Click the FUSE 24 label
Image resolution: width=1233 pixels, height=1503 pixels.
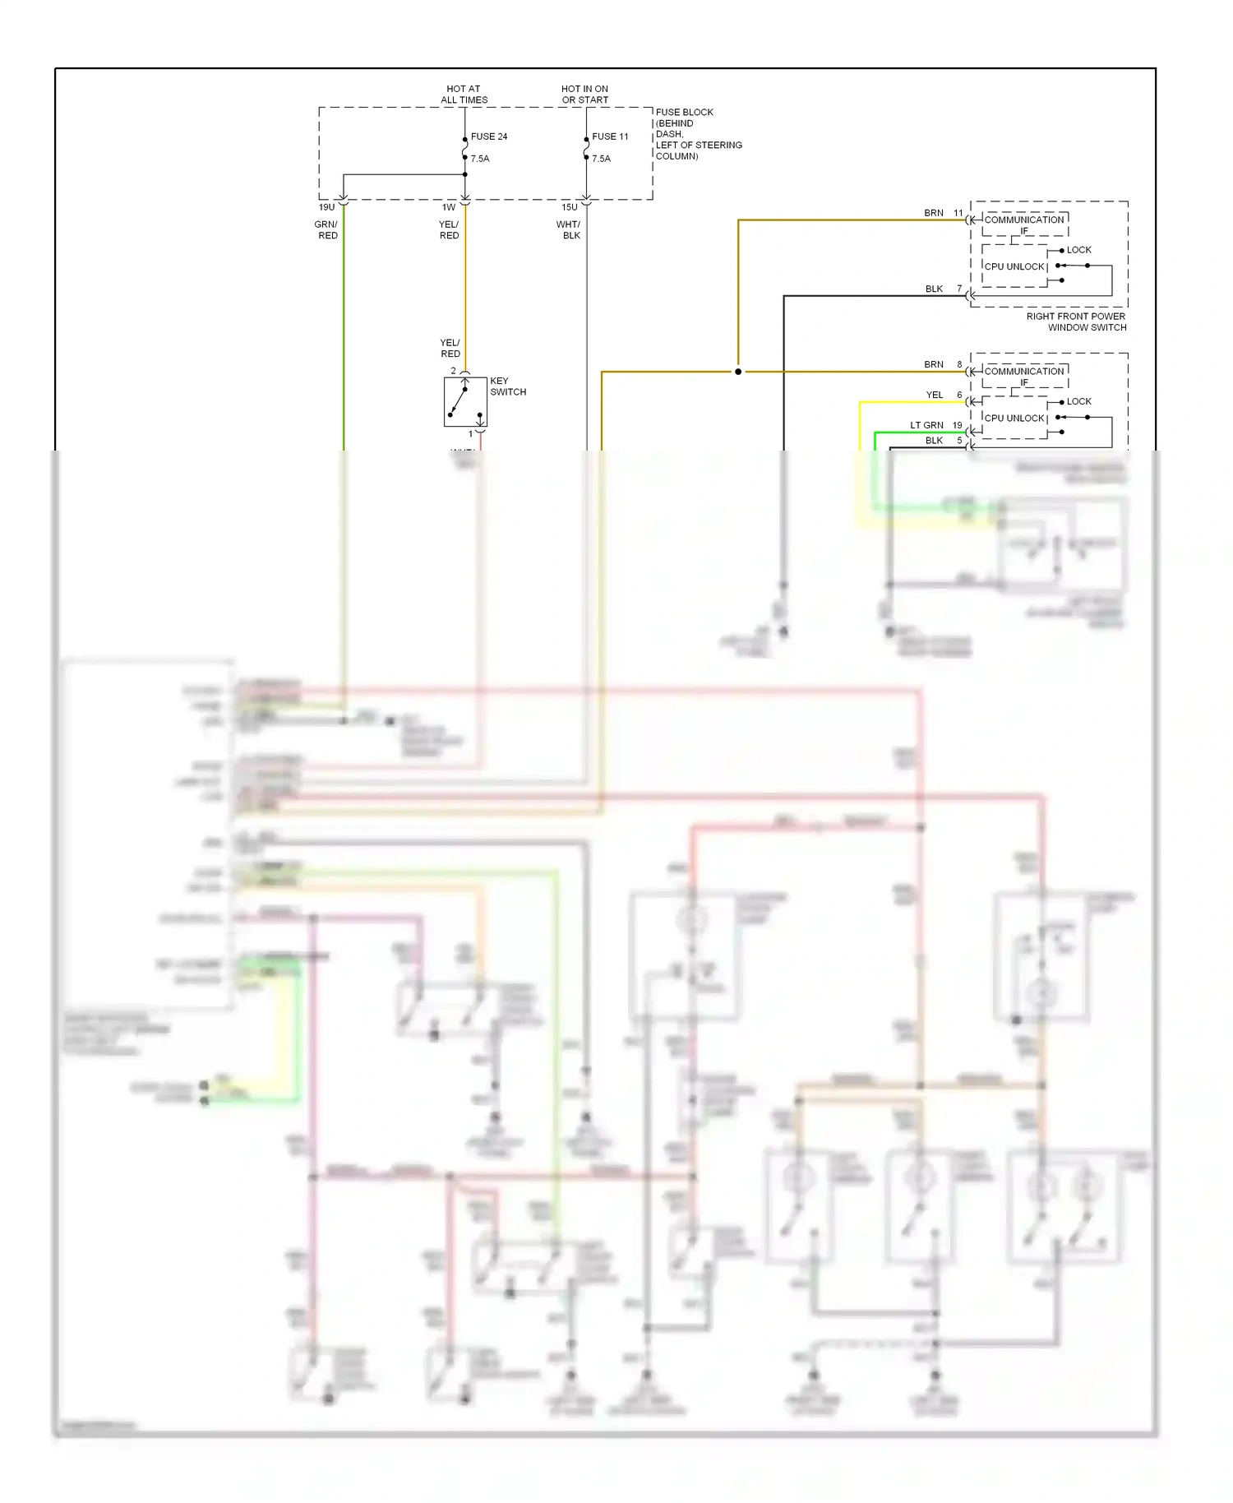(x=488, y=136)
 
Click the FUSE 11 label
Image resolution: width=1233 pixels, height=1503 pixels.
(x=610, y=136)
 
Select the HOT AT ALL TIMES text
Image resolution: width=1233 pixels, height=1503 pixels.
(x=464, y=95)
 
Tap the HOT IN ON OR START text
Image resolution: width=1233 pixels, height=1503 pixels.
(x=584, y=95)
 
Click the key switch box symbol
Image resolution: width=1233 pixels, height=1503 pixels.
(x=465, y=402)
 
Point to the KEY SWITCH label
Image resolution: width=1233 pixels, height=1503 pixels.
(x=507, y=386)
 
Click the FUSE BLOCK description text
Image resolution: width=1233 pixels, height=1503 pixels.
(x=697, y=134)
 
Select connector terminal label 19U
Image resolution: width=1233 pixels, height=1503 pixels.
(x=327, y=208)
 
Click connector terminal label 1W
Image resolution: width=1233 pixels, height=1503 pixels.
(x=449, y=208)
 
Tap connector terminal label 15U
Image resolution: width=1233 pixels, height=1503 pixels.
(x=569, y=208)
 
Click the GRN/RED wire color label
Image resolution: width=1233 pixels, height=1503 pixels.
(x=326, y=230)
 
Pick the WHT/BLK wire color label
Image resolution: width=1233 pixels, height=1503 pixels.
(x=569, y=230)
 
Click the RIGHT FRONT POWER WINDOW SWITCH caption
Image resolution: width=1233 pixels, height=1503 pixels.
(x=1076, y=321)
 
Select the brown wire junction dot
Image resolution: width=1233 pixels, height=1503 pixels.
(x=738, y=372)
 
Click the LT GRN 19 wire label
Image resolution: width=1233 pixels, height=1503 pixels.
(x=935, y=425)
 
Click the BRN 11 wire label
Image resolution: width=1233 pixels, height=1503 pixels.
(x=942, y=213)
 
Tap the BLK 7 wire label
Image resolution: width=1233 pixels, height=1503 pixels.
(x=942, y=289)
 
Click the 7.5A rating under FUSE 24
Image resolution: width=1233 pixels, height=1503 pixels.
(x=480, y=159)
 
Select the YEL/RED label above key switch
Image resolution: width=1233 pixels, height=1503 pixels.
(x=450, y=348)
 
